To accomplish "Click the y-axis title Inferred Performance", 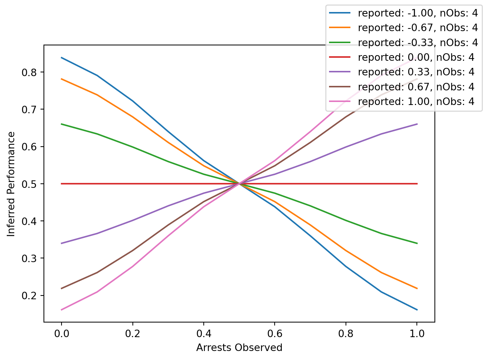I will pos(12,184).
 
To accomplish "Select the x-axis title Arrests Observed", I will pos(239,348).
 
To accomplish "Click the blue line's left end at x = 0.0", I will pos(61,58).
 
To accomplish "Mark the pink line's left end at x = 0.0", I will pos(61,310).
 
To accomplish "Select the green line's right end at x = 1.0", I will pos(417,243).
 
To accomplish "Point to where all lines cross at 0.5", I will pos(239,184).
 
